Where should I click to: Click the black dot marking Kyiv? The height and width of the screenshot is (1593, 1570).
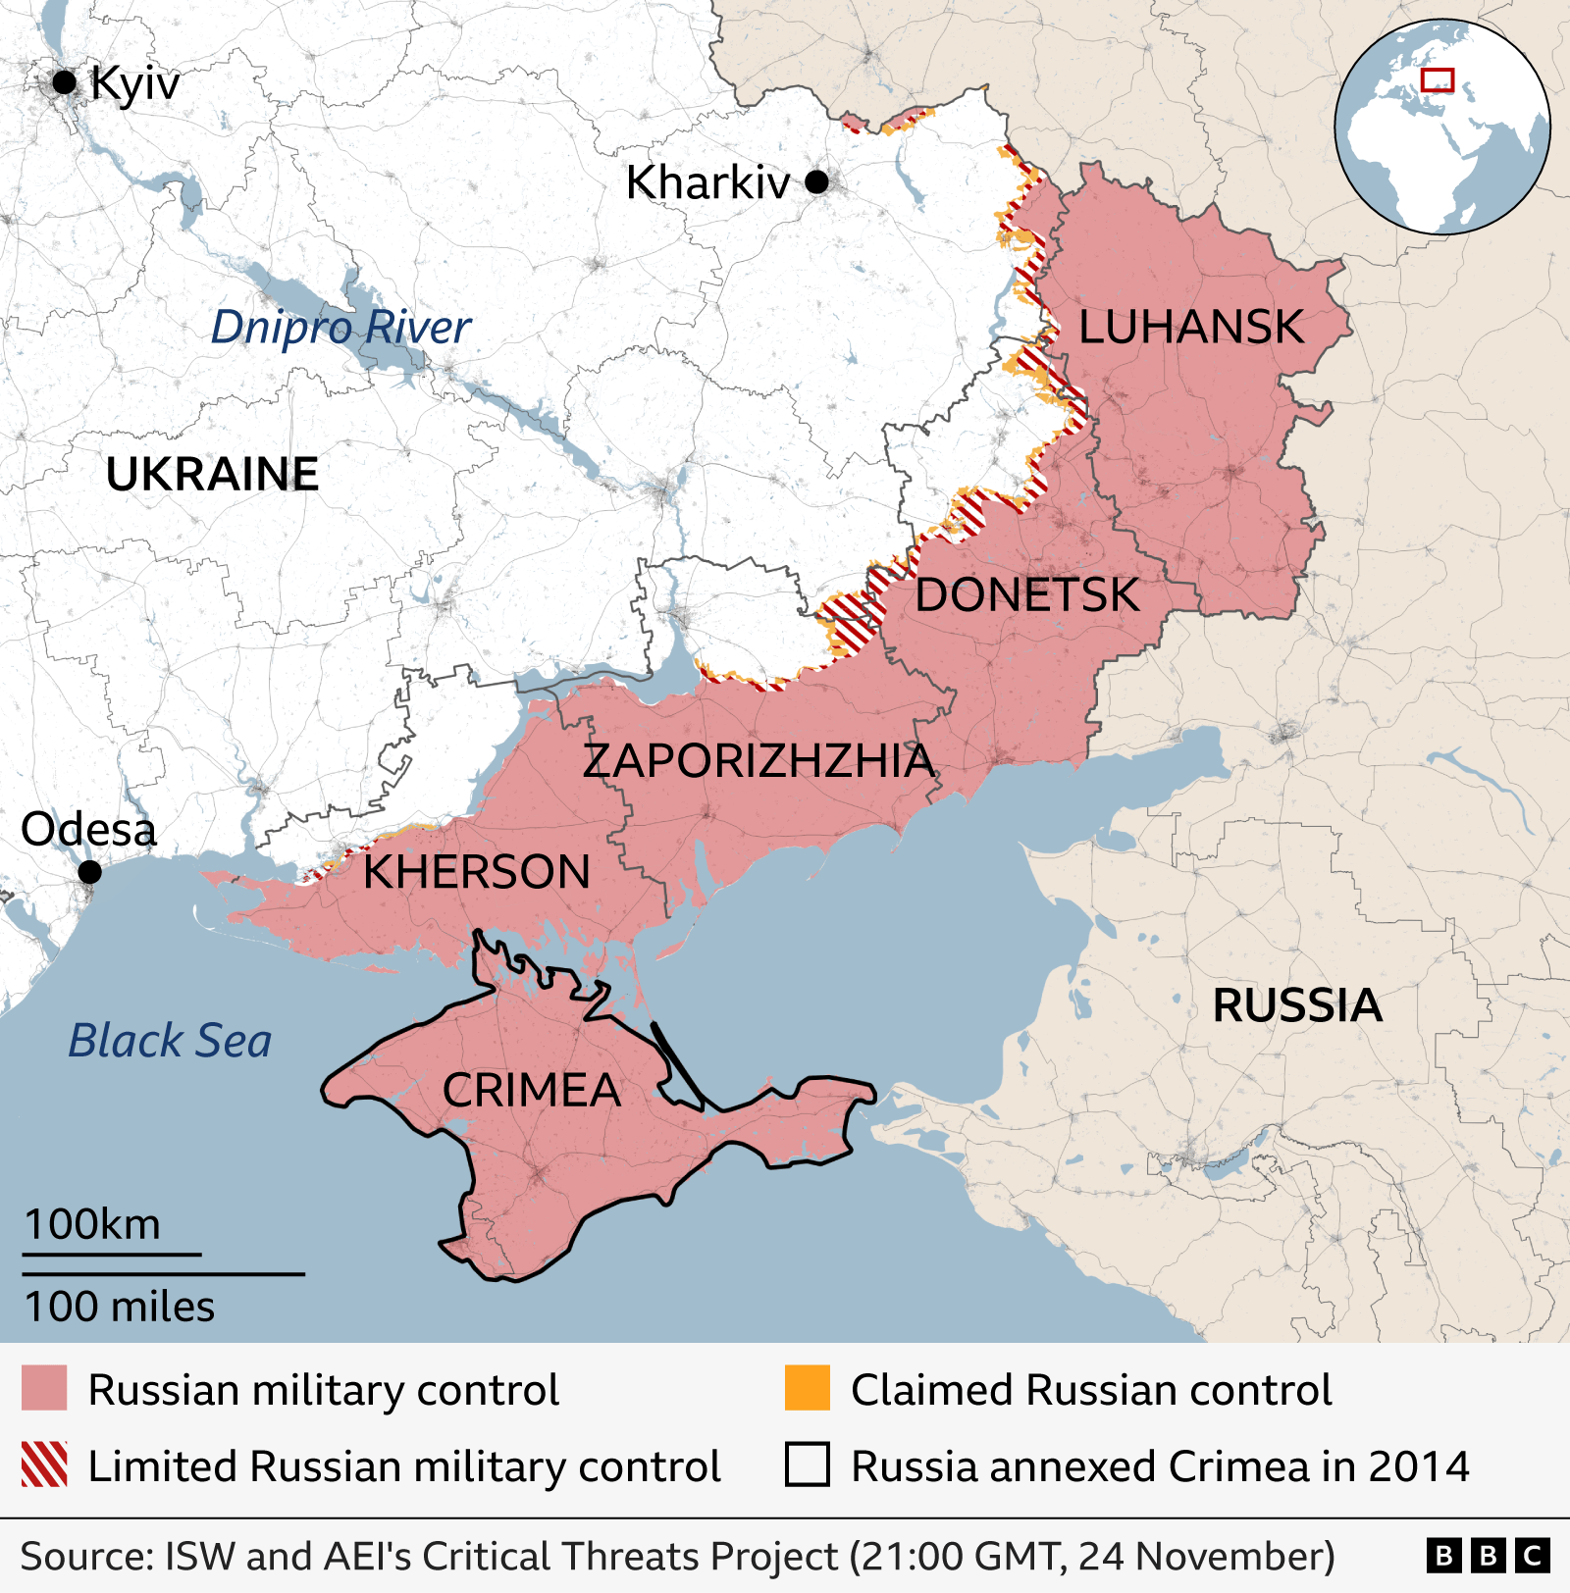point(65,82)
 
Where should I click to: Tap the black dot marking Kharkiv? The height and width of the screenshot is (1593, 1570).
point(816,181)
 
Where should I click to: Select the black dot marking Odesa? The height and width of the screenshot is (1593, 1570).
point(89,871)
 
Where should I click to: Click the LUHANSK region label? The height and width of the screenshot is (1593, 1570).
point(1190,327)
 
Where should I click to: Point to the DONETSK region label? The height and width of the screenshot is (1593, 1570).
point(1026,595)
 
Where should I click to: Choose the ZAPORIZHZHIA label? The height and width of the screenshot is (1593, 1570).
point(758,761)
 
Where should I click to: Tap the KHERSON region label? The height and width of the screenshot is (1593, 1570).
point(477,872)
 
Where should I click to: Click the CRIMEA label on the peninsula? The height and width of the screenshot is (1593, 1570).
point(531,1091)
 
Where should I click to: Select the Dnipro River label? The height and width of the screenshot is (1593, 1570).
point(340,328)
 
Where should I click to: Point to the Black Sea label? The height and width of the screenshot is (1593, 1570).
point(170,1041)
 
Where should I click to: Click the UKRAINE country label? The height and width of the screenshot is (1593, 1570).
point(212,475)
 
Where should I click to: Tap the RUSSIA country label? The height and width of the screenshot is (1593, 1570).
point(1296,1006)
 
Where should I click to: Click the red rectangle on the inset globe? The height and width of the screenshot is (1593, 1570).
point(1438,79)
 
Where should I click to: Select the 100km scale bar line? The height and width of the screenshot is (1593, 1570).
point(112,1254)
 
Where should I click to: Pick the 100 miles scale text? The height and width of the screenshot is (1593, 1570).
point(120,1308)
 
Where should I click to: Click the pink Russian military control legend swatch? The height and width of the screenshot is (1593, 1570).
point(44,1388)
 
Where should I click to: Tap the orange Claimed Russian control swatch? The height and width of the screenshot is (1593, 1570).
point(807,1388)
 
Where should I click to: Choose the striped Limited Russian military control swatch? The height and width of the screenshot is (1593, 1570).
point(44,1465)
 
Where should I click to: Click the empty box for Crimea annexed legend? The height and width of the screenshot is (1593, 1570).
point(807,1465)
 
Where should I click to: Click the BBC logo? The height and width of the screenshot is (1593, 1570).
point(1488,1556)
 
